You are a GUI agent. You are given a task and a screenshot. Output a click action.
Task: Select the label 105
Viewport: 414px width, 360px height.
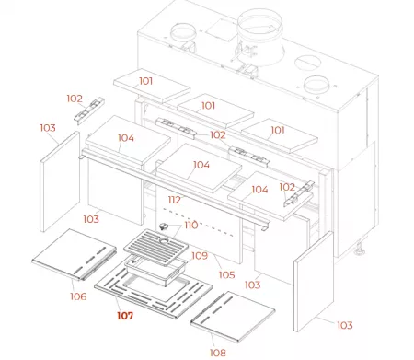(x=226, y=273)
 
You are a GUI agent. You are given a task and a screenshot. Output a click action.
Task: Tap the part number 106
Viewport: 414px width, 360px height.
(x=77, y=296)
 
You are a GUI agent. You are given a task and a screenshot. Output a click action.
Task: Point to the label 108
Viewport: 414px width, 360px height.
(x=217, y=352)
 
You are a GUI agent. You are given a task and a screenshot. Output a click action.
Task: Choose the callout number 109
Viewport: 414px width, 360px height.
(x=200, y=255)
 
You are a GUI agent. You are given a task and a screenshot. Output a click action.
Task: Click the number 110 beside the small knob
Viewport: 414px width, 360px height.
(x=190, y=225)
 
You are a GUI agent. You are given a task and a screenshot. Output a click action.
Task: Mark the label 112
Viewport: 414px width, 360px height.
(x=174, y=200)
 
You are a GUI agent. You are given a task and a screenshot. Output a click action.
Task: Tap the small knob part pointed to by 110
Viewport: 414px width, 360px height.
(x=167, y=226)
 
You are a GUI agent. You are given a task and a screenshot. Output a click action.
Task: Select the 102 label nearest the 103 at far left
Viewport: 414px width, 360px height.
(x=75, y=98)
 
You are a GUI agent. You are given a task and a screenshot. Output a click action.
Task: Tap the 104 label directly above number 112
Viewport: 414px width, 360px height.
(x=201, y=166)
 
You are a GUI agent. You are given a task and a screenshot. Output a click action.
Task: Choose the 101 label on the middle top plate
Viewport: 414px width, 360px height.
(x=209, y=106)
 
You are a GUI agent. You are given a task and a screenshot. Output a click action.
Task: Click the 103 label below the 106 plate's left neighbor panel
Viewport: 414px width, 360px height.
(x=90, y=219)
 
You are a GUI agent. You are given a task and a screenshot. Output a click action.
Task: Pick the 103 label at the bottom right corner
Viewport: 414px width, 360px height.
(x=343, y=326)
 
